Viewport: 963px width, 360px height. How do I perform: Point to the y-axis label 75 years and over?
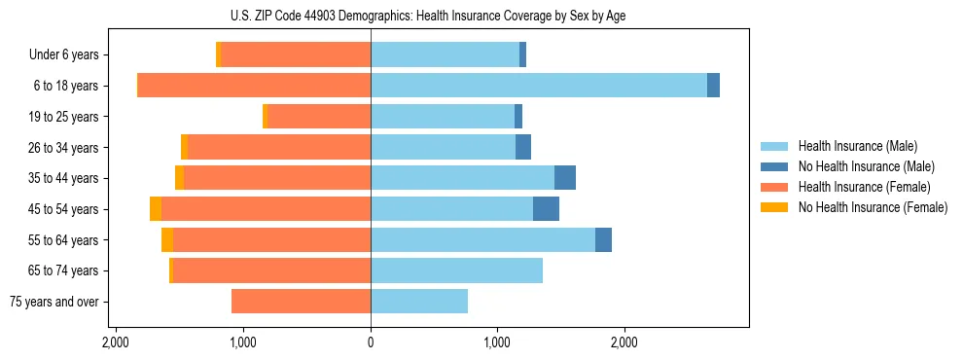53,302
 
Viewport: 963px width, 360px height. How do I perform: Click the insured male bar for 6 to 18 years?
538,86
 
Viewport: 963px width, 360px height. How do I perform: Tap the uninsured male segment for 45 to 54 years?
546,209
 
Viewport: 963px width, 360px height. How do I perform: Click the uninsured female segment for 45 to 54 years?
156,209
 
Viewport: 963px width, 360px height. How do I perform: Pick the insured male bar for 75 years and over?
419,302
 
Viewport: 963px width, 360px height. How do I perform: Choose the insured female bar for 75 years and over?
302,302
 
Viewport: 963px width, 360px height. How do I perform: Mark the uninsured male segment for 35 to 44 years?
565,178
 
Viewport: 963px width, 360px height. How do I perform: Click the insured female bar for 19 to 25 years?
319,117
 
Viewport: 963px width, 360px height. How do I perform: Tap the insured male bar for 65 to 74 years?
456,270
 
